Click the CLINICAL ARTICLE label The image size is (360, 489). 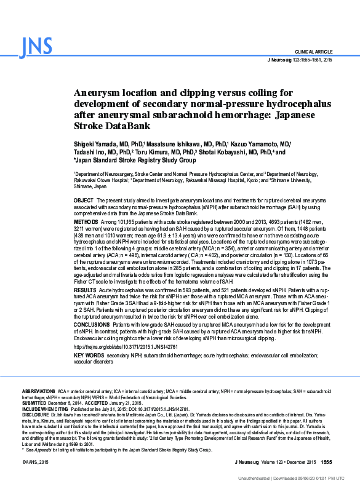tap(314, 52)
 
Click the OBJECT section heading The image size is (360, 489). tap(83, 201)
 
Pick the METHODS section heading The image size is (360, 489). tap(86, 221)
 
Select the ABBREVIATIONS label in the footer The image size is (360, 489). tap(39, 391)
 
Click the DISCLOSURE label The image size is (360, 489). tap(36, 415)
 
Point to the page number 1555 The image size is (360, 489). tap(326, 462)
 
